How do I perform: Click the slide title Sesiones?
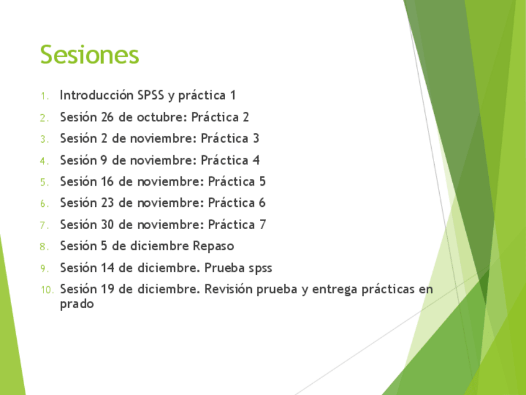click(x=89, y=54)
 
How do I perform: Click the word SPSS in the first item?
click(x=151, y=95)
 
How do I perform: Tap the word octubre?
click(x=162, y=117)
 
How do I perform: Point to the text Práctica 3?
click(x=230, y=138)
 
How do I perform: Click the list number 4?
click(x=44, y=161)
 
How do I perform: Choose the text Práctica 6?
click(x=237, y=202)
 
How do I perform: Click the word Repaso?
click(x=213, y=246)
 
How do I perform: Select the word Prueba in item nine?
click(x=225, y=268)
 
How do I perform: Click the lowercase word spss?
click(x=261, y=269)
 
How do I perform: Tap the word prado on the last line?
click(x=77, y=304)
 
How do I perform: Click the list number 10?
click(x=47, y=289)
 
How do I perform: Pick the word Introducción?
click(x=97, y=95)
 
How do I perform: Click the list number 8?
click(x=44, y=247)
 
